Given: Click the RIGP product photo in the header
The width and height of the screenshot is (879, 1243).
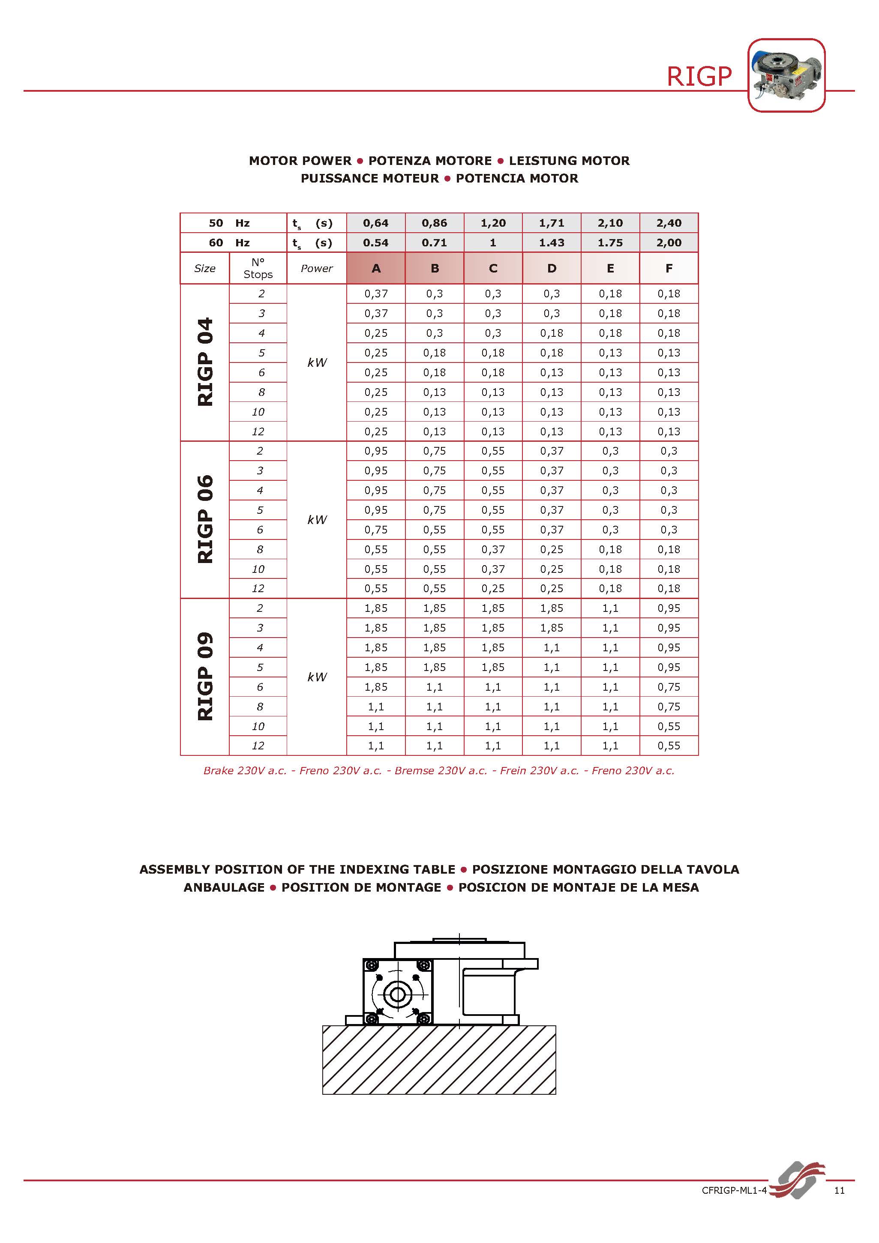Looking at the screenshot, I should click(786, 75).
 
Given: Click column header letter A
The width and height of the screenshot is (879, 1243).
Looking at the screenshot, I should click(376, 268).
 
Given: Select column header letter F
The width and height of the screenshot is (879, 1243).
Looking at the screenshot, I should click(669, 268).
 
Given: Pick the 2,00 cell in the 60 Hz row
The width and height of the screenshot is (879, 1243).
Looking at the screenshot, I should click(669, 243).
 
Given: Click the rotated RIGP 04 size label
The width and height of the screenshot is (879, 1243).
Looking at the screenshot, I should click(205, 362).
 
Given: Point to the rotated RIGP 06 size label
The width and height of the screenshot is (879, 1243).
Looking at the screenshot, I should click(205, 519).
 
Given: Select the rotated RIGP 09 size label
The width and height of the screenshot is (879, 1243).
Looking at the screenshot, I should click(205, 676).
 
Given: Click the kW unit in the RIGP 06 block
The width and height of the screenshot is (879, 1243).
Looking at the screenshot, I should click(317, 520).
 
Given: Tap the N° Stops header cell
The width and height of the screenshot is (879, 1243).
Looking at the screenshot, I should click(258, 268).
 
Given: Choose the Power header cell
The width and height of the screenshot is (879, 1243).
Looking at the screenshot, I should click(317, 268).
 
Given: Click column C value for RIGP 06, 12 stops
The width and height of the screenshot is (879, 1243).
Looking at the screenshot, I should click(493, 588).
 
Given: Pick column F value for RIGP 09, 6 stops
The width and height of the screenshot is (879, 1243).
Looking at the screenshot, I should click(669, 687).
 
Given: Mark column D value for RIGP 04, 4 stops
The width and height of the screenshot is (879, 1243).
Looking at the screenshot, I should click(551, 333).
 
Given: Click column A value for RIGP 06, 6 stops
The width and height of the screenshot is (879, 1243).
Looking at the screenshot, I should click(376, 530).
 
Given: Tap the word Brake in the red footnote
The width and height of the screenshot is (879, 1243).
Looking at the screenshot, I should click(218, 770).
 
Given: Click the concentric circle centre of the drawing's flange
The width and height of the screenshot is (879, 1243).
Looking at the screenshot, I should click(398, 994).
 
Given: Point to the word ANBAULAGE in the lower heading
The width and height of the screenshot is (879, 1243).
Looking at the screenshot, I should click(224, 887).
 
